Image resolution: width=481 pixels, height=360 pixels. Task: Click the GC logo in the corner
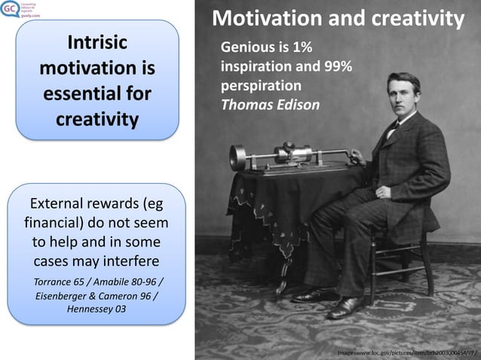point(10,11)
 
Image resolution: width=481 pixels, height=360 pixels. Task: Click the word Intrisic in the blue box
point(97,42)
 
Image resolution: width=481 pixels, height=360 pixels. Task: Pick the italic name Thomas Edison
point(270,105)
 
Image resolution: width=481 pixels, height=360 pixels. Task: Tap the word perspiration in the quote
point(261,85)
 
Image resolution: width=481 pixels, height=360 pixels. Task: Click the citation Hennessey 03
point(96,309)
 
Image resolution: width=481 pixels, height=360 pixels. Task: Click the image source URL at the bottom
point(406,352)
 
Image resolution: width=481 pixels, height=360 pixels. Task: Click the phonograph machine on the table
point(286,156)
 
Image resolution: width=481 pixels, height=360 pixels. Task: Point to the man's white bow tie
point(392,127)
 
